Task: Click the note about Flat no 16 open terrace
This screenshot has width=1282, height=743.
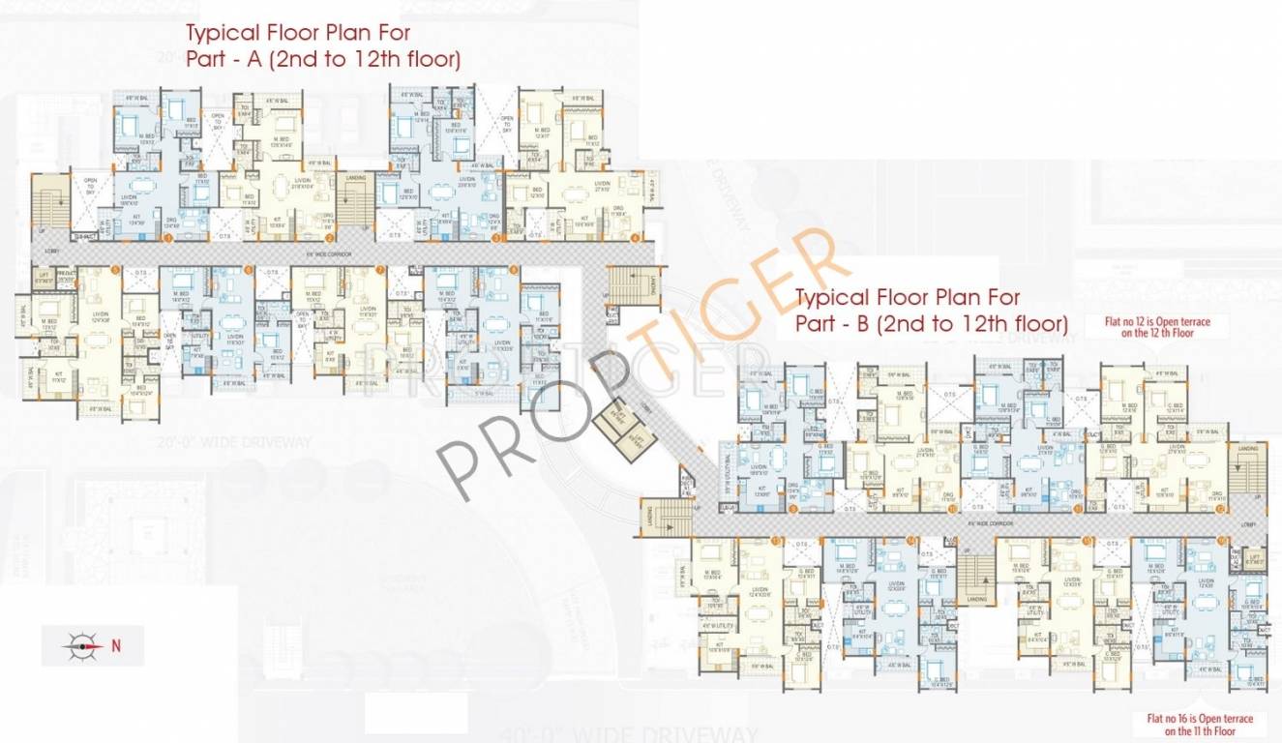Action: (x=1199, y=725)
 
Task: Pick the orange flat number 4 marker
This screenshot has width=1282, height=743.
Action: (x=636, y=238)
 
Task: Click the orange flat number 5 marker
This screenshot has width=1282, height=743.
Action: (x=115, y=270)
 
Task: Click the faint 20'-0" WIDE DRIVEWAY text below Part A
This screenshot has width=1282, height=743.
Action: (x=262, y=443)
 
